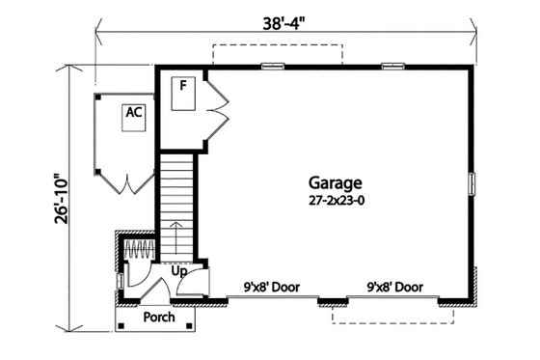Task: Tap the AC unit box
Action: (133, 113)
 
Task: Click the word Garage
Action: (336, 182)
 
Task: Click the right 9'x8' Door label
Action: (395, 287)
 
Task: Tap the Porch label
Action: (157, 318)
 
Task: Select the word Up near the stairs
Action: (178, 272)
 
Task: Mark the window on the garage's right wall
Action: (472, 182)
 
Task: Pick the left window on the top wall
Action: (273, 67)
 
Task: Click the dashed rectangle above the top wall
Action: (277, 53)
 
